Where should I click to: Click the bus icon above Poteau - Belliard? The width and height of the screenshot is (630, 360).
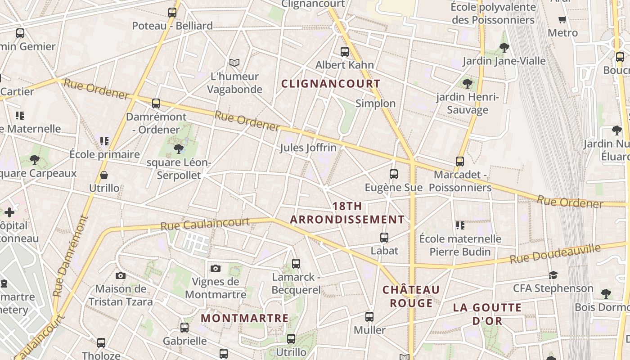coord(172,13)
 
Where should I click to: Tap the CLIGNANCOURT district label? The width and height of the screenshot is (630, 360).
coord(331,84)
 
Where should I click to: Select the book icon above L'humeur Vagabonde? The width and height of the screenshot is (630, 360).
coord(234,63)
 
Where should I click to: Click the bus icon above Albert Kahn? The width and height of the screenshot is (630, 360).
coord(345,52)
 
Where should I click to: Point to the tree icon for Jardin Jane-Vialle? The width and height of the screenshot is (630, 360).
coord(504,47)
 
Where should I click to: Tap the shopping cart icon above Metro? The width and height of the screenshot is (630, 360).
coord(562,20)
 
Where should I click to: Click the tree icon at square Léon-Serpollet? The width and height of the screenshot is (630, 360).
coord(179,148)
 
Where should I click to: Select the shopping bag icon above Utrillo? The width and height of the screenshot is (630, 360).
coord(104,175)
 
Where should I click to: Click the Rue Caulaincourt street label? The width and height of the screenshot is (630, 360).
coord(205,224)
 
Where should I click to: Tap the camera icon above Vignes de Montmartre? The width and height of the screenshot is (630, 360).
coord(216,269)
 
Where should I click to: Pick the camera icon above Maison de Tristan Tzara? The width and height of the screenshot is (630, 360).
coord(121,275)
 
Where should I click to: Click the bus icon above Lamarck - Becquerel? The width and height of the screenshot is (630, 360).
coord(296,264)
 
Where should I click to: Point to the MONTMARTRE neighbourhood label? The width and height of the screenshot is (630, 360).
coord(245,318)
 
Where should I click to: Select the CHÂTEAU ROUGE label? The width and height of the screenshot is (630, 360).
coord(411,296)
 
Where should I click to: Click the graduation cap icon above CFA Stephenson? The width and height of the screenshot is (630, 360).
coord(553,275)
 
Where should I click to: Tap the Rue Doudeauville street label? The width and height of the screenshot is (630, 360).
coord(555,254)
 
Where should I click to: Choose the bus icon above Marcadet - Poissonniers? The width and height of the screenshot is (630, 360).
coord(460,161)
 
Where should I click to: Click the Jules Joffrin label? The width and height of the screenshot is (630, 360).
coord(308,148)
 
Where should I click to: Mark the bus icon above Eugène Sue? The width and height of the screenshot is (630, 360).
coord(394,174)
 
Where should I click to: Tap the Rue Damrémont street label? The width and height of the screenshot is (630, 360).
coord(71,256)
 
